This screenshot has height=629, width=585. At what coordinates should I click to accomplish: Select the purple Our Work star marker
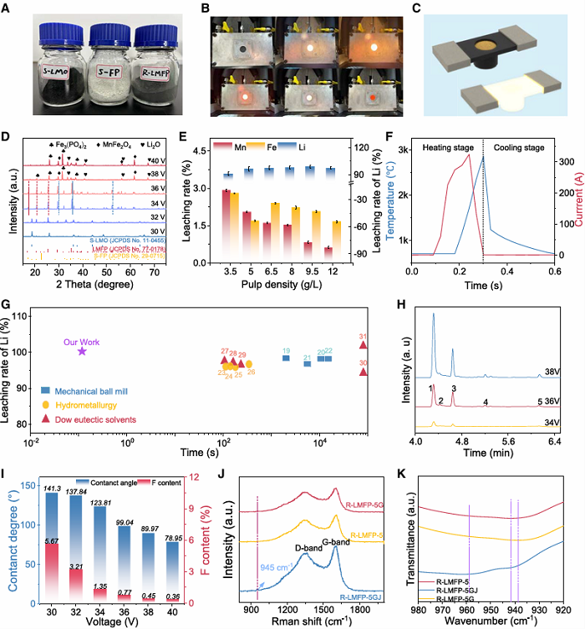click(82, 352)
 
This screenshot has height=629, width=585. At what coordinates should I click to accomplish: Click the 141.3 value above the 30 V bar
click(52, 487)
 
